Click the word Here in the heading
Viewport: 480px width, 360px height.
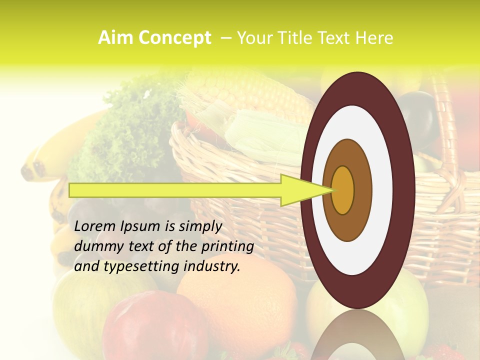point(375,38)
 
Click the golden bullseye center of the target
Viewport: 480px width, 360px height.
point(343,190)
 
